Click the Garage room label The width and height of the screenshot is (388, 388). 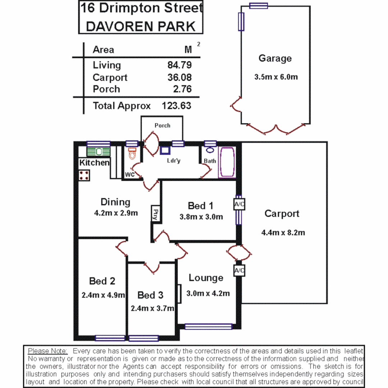(x=275, y=59)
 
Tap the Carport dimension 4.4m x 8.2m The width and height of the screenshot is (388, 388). (x=283, y=232)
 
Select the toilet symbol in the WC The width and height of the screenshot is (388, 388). (x=132, y=153)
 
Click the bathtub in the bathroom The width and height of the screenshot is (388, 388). (x=227, y=162)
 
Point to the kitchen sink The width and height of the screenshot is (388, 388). (x=98, y=152)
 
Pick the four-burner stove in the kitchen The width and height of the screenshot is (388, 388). (x=84, y=175)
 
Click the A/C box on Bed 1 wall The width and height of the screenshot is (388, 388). (x=239, y=204)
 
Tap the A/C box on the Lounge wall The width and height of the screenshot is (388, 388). (x=239, y=271)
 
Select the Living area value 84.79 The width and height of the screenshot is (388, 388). (x=179, y=65)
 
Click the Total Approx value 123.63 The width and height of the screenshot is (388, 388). (x=176, y=106)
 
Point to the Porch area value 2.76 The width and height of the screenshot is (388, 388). (x=182, y=89)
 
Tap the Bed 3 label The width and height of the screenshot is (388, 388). (x=151, y=295)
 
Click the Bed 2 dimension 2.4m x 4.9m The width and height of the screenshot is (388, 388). (x=103, y=295)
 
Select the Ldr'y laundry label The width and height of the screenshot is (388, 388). (x=173, y=161)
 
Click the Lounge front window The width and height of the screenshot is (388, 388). (x=208, y=327)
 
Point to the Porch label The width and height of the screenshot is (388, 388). (x=162, y=125)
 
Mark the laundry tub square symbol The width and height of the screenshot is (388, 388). (x=165, y=151)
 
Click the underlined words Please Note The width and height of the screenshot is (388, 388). (x=47, y=351)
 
